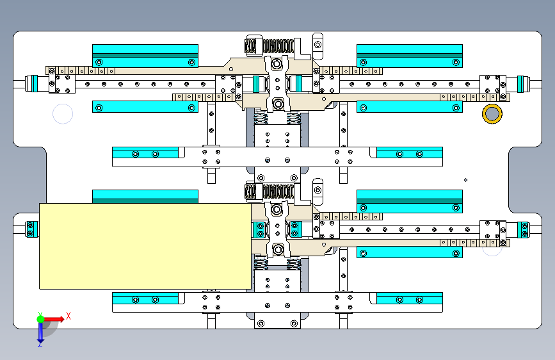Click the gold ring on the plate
(492, 113)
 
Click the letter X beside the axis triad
(68, 316)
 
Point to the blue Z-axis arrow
(40, 331)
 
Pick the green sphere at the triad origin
(40, 318)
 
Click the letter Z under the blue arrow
(40, 345)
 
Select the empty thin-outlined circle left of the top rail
(63, 114)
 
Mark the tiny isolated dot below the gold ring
(466, 179)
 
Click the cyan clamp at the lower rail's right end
(523, 229)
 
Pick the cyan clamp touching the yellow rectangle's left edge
(31, 229)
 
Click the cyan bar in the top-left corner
(145, 56)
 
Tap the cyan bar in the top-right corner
(409, 56)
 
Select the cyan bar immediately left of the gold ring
(409, 107)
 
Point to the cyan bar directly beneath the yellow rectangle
(145, 299)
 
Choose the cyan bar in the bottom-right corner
(409, 299)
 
